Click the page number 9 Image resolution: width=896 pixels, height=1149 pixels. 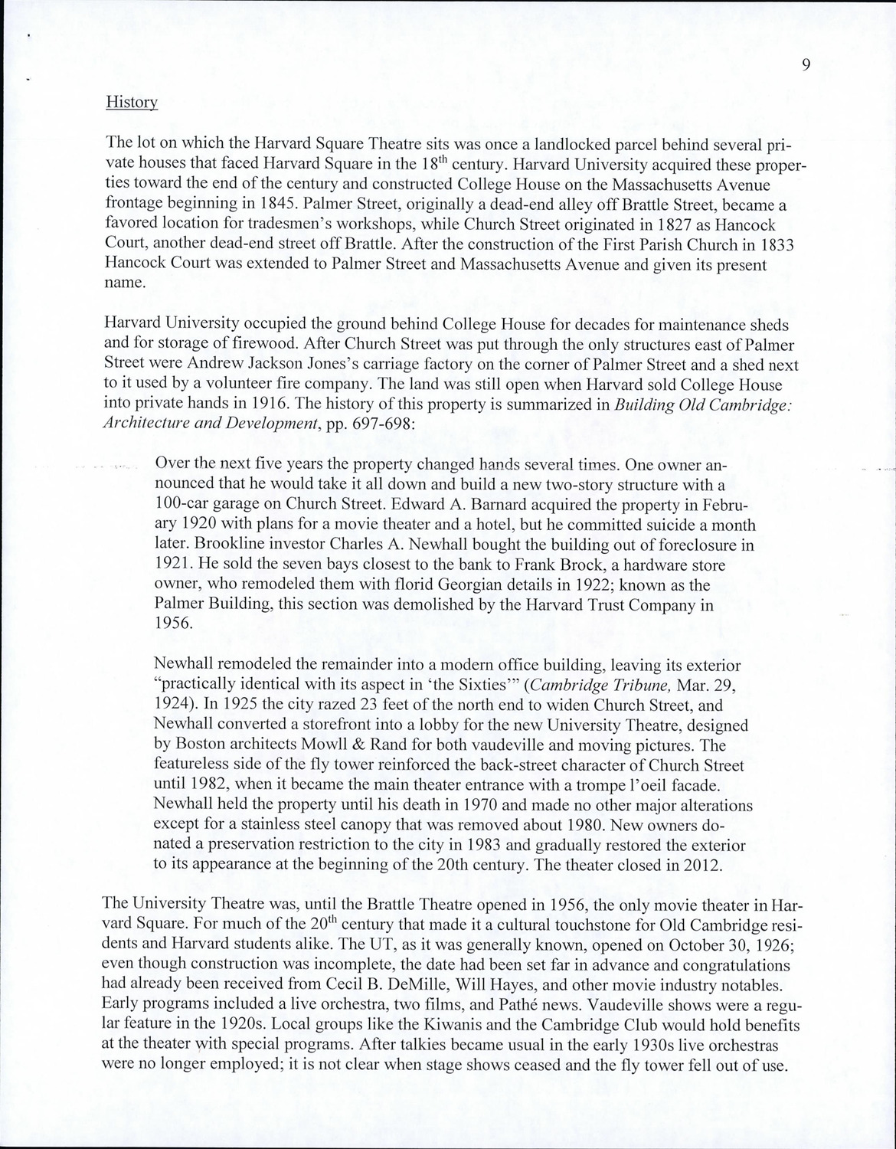point(806,64)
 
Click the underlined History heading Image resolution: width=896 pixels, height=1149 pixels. point(132,102)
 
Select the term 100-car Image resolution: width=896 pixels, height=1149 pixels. point(182,505)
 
